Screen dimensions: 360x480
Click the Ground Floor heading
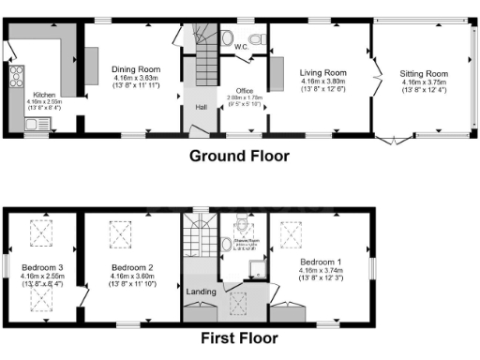(x=239, y=156)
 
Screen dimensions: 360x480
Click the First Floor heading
(x=239, y=338)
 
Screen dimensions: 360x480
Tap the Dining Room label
(x=136, y=69)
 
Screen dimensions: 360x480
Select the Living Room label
(x=323, y=72)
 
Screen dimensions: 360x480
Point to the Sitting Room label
(x=424, y=73)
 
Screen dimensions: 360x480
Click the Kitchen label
(x=44, y=95)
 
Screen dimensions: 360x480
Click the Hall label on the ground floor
(x=201, y=108)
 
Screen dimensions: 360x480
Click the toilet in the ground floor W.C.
(x=227, y=37)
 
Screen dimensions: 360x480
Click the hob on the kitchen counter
(x=15, y=75)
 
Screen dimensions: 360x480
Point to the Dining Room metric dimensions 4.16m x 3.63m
(x=136, y=78)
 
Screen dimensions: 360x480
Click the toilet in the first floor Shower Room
(x=243, y=223)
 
